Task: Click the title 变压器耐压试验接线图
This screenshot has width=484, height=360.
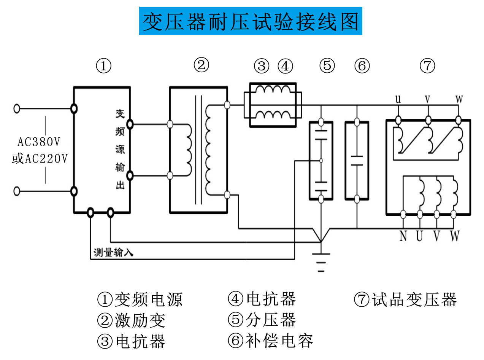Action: click(250, 21)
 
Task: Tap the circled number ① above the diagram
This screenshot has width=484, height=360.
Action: click(103, 66)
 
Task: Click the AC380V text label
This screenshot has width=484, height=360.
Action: click(39, 142)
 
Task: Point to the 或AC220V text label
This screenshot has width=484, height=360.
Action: click(40, 158)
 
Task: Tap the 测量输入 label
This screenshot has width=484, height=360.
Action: click(113, 252)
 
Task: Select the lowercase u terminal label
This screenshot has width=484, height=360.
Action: click(398, 100)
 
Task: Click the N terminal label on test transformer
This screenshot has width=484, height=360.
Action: click(403, 236)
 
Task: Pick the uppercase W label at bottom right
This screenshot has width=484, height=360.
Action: click(455, 236)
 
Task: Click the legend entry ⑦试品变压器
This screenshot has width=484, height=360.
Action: click(405, 299)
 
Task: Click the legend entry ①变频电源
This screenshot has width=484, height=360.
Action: click(140, 299)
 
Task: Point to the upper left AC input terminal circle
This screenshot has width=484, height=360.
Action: click(16, 108)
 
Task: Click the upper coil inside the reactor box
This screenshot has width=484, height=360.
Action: click(273, 91)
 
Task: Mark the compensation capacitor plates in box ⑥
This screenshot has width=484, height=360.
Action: click(357, 160)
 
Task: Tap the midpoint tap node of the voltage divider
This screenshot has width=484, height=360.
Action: click(321, 161)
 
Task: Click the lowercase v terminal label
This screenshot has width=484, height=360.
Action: click(428, 100)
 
